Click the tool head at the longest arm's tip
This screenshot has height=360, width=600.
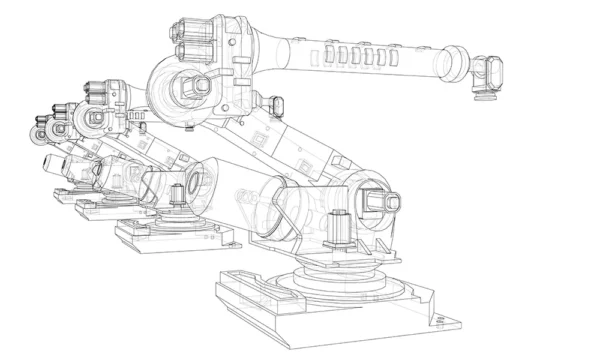[x=486, y=78]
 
